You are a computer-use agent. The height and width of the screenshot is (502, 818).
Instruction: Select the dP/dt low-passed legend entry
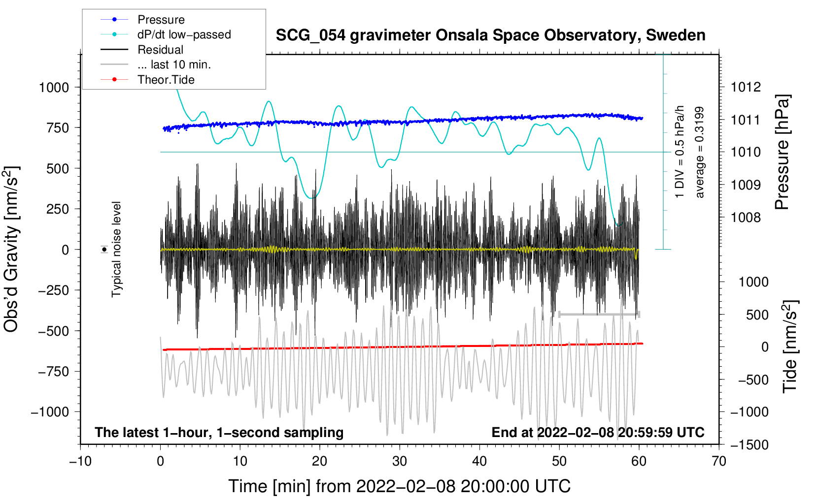[x=184, y=34]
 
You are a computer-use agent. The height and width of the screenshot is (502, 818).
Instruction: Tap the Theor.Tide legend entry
[x=166, y=80]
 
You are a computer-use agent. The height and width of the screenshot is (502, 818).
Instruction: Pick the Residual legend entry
[x=160, y=50]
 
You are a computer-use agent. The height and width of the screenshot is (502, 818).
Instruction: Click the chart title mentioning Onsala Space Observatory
[x=490, y=35]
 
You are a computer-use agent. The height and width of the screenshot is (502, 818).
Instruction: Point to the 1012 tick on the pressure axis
[x=746, y=87]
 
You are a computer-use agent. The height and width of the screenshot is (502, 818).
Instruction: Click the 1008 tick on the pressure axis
[x=746, y=218]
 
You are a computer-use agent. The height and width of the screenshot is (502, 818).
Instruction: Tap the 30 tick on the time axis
[x=400, y=461]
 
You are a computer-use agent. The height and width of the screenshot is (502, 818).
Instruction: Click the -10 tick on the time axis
[x=80, y=461]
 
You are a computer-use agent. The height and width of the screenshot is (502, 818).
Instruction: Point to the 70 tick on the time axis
[x=719, y=461]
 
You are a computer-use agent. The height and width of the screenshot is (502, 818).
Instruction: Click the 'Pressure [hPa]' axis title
[x=782, y=153]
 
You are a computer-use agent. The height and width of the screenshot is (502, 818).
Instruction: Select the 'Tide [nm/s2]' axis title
[x=790, y=346]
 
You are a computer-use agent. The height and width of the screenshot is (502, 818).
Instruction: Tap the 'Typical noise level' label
[x=116, y=249]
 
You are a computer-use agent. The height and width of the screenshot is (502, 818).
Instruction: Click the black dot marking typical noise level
[x=104, y=250]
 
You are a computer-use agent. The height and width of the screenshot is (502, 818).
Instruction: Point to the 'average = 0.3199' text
[x=700, y=153]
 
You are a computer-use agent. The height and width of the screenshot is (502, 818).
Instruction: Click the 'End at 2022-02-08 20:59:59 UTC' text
[x=598, y=433]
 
